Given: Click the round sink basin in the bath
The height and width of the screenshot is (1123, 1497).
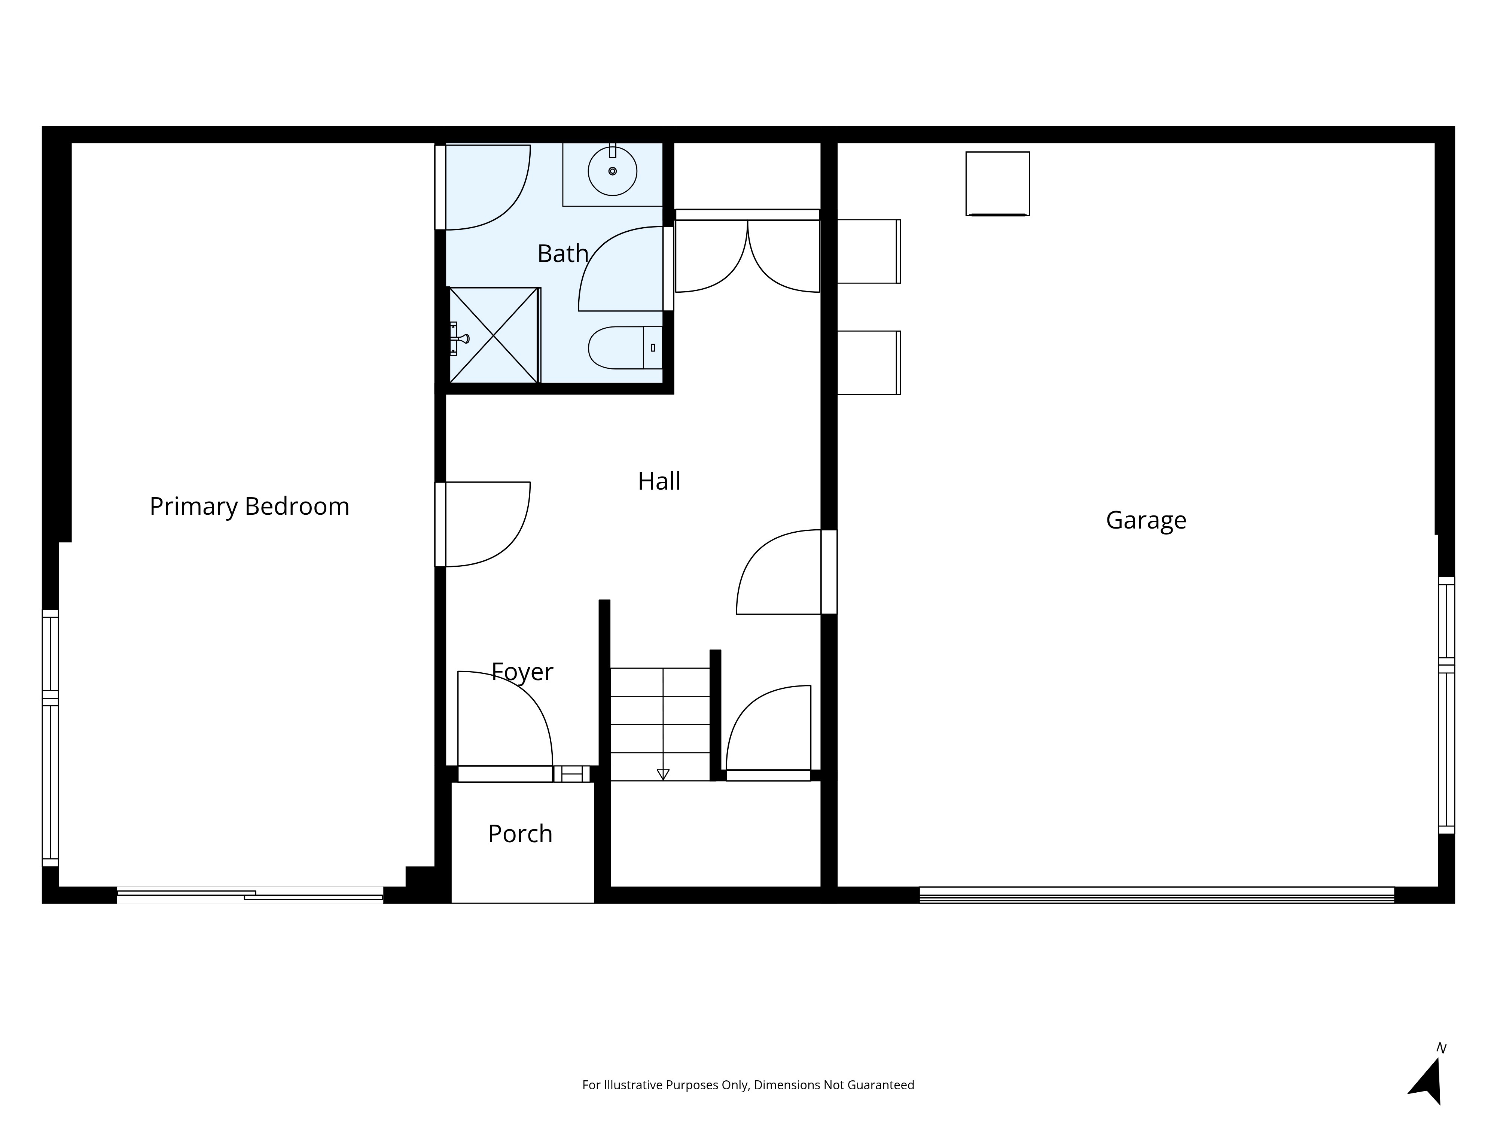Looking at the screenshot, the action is tap(613, 171).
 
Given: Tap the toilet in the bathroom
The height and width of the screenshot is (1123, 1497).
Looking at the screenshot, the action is tap(625, 348).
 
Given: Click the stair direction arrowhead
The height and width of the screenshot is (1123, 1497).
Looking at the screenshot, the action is tap(663, 774).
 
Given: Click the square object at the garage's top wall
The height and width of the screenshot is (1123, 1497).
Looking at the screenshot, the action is tap(997, 183).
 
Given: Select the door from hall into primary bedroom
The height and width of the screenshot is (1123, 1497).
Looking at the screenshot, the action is tap(482, 524).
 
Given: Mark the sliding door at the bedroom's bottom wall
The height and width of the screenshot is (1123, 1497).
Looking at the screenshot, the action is tap(250, 895).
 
